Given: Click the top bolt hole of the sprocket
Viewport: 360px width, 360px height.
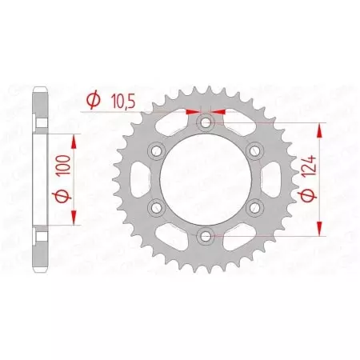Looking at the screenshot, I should point(206,123).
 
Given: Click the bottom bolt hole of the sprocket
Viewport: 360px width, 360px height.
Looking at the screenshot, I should point(206,236).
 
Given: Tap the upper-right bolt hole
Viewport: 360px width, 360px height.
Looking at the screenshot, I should point(255,151).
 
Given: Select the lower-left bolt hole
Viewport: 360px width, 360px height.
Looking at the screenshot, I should point(157,208).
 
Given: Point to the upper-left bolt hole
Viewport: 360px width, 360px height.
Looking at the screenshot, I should point(157,151).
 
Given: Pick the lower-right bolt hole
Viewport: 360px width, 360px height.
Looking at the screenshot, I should point(255,208).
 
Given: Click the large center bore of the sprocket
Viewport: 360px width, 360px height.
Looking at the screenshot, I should point(206,180).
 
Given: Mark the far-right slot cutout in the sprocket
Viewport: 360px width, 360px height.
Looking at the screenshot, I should point(268,180).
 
